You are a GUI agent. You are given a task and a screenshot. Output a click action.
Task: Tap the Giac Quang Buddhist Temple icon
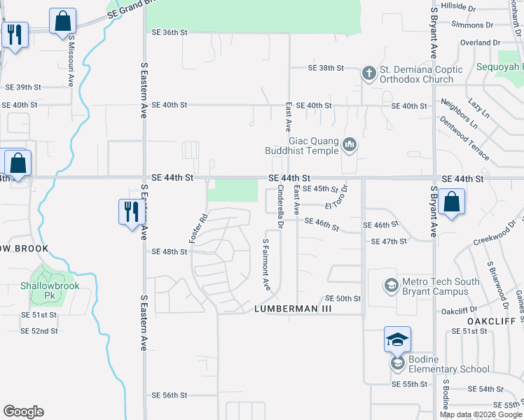point(350,146)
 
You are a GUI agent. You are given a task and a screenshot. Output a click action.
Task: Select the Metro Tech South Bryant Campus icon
point(391,286)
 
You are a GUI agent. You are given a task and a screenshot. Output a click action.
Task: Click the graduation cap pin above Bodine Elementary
point(397,340)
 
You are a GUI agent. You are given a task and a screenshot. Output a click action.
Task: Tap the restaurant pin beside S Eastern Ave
point(132,211)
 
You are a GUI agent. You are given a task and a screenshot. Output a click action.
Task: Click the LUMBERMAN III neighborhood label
point(292,309)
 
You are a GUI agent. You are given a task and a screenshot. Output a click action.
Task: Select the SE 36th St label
point(170,32)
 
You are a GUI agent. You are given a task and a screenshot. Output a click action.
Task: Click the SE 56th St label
point(170,395)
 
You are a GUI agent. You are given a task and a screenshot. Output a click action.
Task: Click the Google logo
point(23,412)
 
